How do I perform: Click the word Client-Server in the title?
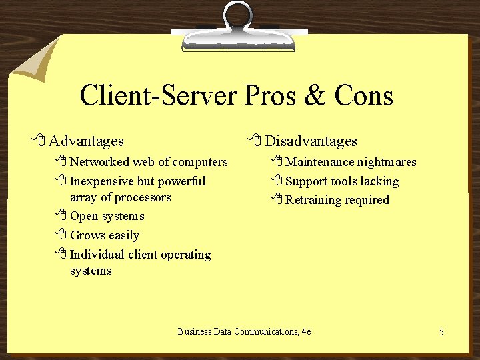(157, 96)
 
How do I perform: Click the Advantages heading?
(86, 141)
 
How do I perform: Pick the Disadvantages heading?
(311, 141)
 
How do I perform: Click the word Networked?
(99, 161)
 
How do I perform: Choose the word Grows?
(86, 235)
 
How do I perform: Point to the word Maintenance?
(319, 162)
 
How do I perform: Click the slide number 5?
(441, 331)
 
